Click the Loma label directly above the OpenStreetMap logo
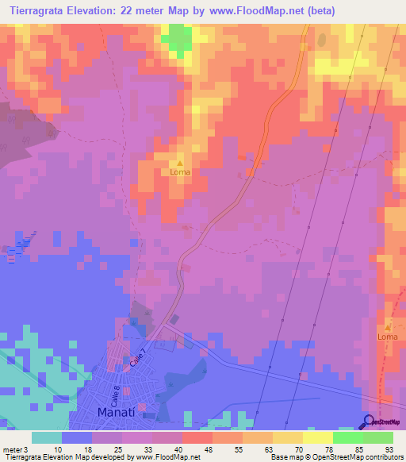387,337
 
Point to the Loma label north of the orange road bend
180,171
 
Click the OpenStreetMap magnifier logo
370,422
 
